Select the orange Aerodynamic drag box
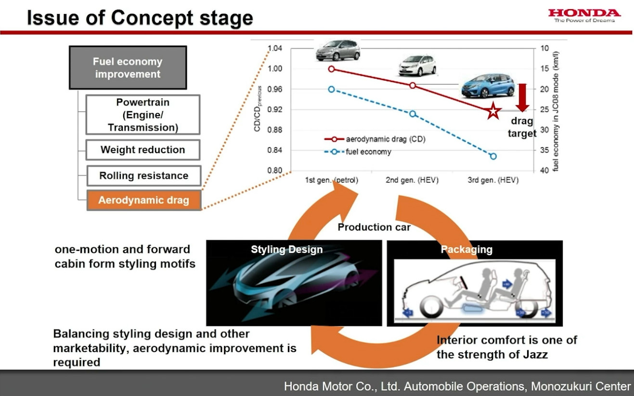coord(143,200)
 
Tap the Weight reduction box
coord(142,150)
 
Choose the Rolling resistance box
coord(143,176)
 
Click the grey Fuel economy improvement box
coord(128,68)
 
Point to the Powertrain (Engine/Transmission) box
coord(142,115)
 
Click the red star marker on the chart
coord(493,111)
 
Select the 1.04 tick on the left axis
coord(275,48)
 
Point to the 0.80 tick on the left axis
coord(275,171)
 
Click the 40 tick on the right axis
coord(545,171)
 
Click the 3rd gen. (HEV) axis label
coord(493,180)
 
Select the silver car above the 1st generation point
coord(338,50)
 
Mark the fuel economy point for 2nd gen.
coord(413,114)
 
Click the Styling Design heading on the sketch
coord(286,250)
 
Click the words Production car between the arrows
coord(374,227)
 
